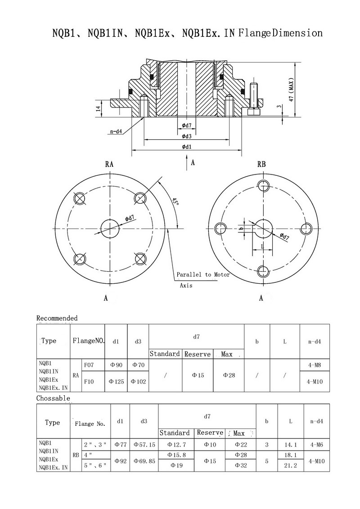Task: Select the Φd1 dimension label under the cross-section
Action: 187,147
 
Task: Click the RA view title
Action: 109,165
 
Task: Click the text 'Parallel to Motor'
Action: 203,274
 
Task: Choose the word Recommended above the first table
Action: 57,318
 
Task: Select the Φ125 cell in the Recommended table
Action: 116,381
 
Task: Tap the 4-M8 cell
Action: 315,365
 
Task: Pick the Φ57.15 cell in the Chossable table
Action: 144,445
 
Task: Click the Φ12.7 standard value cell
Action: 176,445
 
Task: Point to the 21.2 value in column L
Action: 290,465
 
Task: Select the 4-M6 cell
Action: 317,445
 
